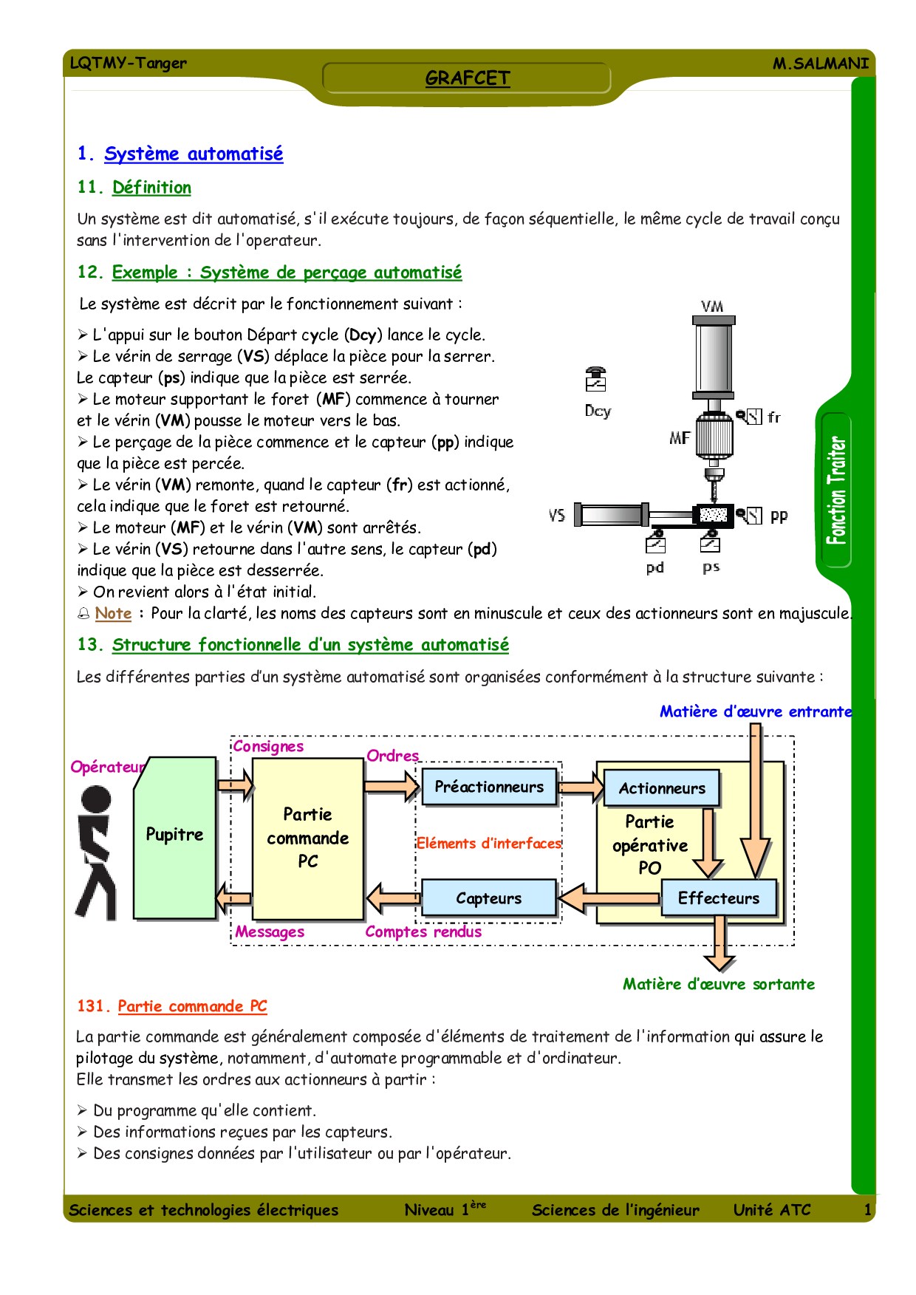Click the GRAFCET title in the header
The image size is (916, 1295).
click(x=467, y=78)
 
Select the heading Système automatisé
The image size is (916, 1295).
click(x=194, y=154)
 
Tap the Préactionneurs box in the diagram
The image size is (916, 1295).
click(x=489, y=787)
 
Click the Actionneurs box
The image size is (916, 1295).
click(x=662, y=788)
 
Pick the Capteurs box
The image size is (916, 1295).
click(x=488, y=898)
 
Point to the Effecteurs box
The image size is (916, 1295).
click(x=718, y=898)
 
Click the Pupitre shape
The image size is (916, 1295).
click(x=174, y=835)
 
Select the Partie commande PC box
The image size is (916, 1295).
click(x=307, y=838)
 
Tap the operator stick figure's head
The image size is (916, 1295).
click(x=96, y=799)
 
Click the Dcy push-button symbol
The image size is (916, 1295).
click(x=595, y=379)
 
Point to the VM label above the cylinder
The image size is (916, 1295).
click(x=712, y=306)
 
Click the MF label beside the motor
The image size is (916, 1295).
click(x=680, y=438)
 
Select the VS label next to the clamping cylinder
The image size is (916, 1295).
click(x=557, y=515)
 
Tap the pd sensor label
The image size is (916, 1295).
click(x=655, y=567)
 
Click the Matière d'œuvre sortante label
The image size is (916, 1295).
click(x=718, y=984)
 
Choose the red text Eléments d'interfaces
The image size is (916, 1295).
click(x=488, y=843)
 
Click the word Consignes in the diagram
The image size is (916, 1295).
click(x=268, y=746)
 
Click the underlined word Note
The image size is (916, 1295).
click(x=113, y=613)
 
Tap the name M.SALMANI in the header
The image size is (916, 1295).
click(x=820, y=64)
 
